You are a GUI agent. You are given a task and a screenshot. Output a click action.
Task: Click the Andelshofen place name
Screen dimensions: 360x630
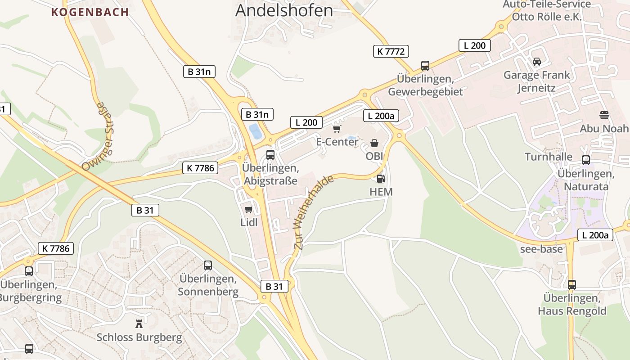pos(284,10)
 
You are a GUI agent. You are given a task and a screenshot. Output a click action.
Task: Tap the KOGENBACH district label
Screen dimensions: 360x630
pos(90,12)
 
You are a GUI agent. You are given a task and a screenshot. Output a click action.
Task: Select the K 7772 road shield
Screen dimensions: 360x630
pos(391,51)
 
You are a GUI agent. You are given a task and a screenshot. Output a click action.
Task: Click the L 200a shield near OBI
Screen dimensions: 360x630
pos(381,116)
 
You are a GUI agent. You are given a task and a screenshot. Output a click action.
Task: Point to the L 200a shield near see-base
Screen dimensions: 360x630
pos(595,234)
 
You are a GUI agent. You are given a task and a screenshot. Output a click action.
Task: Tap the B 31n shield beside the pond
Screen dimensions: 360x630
pos(257,114)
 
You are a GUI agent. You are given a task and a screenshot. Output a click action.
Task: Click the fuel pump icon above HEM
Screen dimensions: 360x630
pos(381,179)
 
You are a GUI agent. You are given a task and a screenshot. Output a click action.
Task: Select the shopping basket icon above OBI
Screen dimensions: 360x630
pos(374,143)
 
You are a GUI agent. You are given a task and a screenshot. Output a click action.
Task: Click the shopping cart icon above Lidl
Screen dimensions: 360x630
pos(248,209)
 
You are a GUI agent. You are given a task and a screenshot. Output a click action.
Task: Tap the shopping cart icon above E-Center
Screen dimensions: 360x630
pos(337,129)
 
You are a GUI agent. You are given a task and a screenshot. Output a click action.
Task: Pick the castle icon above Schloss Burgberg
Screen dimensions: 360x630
pos(139,324)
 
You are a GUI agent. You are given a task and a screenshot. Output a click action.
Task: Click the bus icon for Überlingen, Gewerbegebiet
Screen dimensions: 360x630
pos(425,65)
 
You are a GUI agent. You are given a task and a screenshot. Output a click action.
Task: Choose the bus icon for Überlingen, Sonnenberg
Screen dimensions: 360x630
pos(207,265)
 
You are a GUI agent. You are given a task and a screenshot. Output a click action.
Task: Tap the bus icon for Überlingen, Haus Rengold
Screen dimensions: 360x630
pos(571,284)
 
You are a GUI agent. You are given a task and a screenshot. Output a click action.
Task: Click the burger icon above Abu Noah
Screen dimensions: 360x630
pos(604,115)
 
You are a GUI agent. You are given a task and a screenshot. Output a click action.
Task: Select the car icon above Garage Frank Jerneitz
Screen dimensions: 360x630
pos(536,61)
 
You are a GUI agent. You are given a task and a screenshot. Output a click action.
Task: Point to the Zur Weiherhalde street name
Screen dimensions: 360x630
pos(314,212)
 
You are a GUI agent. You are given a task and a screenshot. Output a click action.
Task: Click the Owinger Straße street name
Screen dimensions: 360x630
pos(98,137)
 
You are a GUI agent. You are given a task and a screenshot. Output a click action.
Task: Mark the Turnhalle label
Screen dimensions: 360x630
pos(549,157)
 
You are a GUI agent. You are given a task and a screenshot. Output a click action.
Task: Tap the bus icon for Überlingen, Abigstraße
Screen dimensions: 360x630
pos(270,155)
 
